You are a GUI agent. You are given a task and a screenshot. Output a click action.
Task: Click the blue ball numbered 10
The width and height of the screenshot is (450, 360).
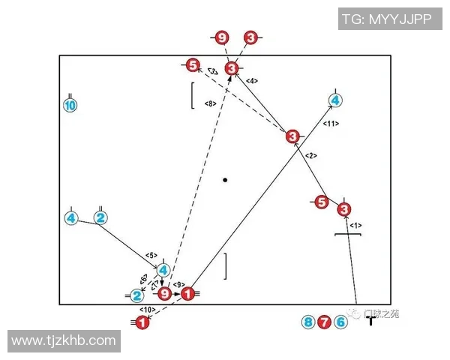pyautogui.click(x=70, y=106)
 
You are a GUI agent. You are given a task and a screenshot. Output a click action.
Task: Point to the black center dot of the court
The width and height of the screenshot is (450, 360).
pyautogui.click(x=225, y=180)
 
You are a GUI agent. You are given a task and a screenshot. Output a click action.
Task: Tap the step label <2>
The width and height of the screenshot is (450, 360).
pyautogui.click(x=312, y=155)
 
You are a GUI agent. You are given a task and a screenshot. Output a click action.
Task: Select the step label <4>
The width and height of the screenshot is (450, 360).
pyautogui.click(x=252, y=80)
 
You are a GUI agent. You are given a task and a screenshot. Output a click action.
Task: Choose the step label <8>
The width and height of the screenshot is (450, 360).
pyautogui.click(x=210, y=103)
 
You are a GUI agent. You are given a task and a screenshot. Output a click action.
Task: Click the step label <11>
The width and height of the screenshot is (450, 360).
pyautogui.click(x=331, y=122)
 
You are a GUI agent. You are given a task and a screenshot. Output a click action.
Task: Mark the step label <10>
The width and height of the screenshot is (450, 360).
pyautogui.click(x=145, y=309)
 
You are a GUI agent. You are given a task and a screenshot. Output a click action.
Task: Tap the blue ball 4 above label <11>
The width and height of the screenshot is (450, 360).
pyautogui.click(x=335, y=100)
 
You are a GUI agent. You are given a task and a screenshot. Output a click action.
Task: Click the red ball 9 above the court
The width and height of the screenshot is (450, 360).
pyautogui.click(x=221, y=37)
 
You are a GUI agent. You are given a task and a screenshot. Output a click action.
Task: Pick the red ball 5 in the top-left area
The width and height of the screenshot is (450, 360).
pyautogui.click(x=193, y=65)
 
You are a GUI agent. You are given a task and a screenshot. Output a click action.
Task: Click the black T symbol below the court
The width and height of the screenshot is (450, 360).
pyautogui.click(x=370, y=321)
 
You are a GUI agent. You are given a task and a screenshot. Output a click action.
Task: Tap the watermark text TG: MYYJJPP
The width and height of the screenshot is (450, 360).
pyautogui.click(x=387, y=19)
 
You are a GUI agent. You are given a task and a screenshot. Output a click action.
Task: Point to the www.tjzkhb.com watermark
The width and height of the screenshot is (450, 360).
pyautogui.click(x=64, y=341)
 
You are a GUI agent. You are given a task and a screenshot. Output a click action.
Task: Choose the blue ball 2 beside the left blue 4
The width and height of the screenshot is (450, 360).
pyautogui.click(x=100, y=218)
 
